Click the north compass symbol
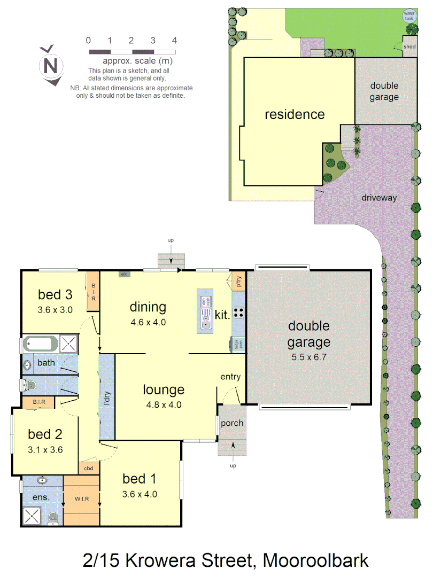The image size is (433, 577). click(x=51, y=65)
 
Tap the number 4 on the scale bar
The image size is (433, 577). click(x=175, y=41)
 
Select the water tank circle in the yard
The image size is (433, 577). click(x=409, y=16)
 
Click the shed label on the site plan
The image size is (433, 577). click(x=409, y=46)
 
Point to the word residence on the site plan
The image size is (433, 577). click(x=295, y=114)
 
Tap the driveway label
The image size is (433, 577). click(x=379, y=198)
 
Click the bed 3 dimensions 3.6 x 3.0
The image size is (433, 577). click(x=55, y=309)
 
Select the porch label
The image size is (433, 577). click(x=232, y=423)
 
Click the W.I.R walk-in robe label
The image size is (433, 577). click(x=82, y=499)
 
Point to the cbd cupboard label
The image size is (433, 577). click(x=89, y=469)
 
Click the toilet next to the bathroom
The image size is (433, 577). click(x=30, y=384)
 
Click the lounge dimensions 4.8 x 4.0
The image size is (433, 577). click(x=164, y=404)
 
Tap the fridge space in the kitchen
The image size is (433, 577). click(x=235, y=345)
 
